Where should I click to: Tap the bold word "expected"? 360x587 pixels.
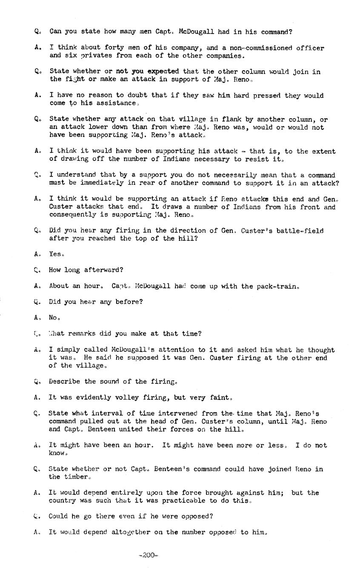coord(163,71)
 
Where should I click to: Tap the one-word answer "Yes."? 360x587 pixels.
coord(56,254)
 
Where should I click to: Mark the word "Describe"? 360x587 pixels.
coord(64,382)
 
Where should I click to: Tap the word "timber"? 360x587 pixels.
coord(75,477)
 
